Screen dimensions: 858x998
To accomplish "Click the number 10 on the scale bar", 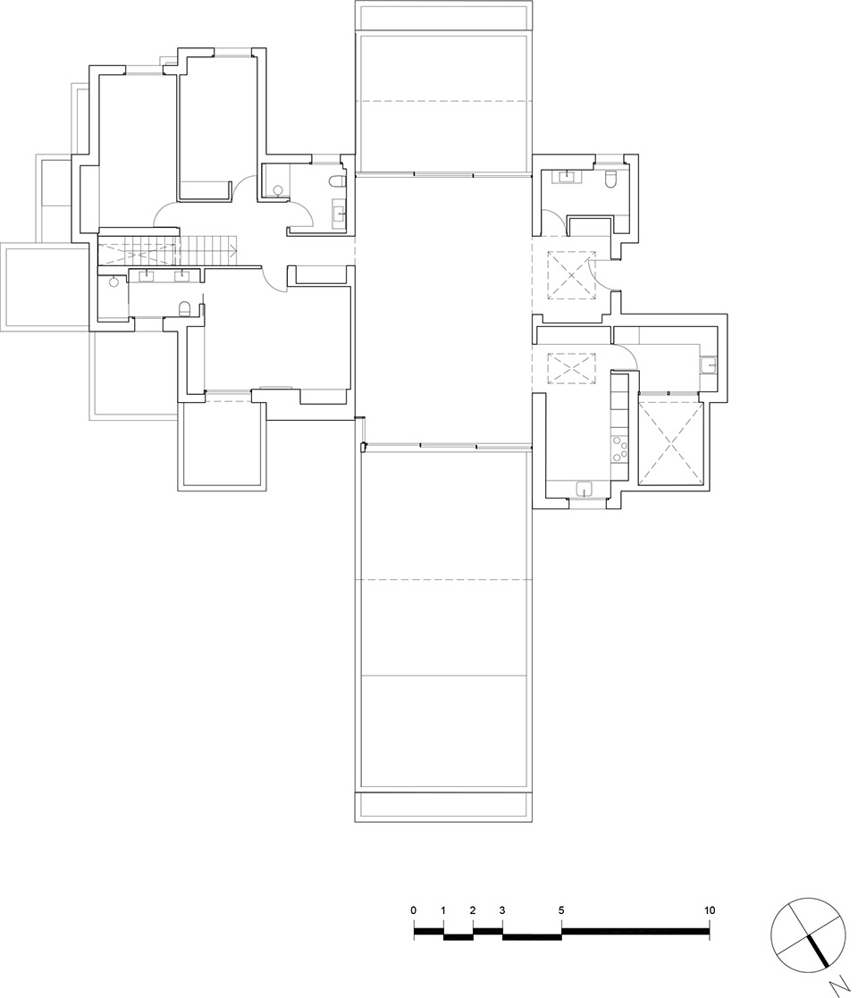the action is coord(710,910).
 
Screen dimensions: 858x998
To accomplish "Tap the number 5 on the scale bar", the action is coord(561,910).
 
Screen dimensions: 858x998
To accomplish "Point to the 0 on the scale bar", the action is coord(414,910).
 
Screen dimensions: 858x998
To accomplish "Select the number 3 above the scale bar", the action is coord(502,910).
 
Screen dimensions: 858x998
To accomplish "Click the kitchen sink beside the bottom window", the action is coord(584,488).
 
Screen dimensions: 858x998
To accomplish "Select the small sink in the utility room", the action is coord(707,365).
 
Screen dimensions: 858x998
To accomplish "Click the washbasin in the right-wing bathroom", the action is coord(566,176).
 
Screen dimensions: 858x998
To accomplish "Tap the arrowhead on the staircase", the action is coord(235,247).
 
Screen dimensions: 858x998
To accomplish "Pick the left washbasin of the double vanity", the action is coord(145,274).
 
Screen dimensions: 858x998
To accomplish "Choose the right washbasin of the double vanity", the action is coord(181,274).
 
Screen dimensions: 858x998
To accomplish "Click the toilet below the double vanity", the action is coord(184,309).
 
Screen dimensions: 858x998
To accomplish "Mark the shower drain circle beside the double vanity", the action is coord(114,281).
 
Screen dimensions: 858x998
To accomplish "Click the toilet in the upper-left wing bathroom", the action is coord(337,182).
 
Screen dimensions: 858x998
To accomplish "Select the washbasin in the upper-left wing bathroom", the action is coord(339,212).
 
